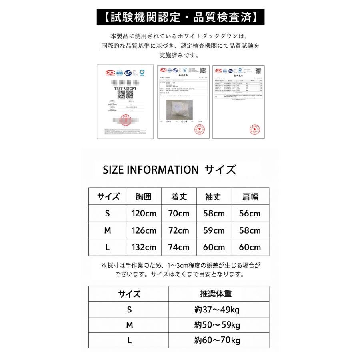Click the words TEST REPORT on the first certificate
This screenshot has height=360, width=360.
click(125, 88)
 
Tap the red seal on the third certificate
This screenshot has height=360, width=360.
click(256, 129)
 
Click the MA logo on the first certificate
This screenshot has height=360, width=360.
click(109, 72)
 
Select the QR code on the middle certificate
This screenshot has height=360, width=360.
click(202, 69)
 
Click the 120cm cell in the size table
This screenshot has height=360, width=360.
click(144, 214)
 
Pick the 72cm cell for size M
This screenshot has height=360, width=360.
click(179, 231)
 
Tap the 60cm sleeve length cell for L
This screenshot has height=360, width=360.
click(214, 248)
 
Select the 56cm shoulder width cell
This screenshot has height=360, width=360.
click(250, 214)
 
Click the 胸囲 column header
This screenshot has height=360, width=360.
click(144, 196)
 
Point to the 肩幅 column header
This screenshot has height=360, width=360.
click(250, 196)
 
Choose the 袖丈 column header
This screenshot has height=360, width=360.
click(214, 196)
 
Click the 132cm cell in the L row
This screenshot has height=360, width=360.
click(144, 248)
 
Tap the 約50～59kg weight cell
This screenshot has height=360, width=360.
click(216, 325)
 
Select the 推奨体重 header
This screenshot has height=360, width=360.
click(216, 294)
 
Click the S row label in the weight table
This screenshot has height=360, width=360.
click(129, 310)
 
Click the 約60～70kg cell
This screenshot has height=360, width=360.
click(216, 341)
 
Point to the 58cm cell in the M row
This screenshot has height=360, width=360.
click(250, 231)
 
